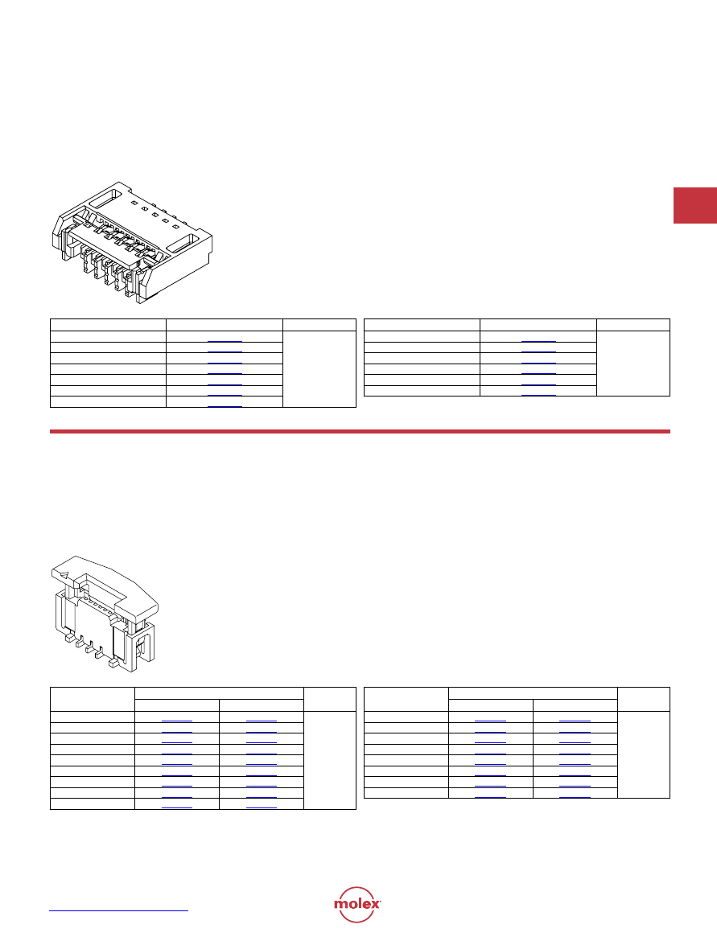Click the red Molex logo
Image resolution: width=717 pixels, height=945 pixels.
[x=357, y=904]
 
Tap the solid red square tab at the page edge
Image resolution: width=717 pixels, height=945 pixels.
[x=694, y=206]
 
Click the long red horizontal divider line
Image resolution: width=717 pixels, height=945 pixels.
[x=360, y=432]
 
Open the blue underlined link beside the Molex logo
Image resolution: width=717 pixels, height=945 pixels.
[x=119, y=910]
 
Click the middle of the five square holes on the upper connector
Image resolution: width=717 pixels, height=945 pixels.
[x=155, y=215]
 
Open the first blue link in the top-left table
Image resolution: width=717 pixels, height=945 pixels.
[x=225, y=342]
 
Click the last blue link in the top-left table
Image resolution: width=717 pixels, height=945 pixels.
[x=225, y=407]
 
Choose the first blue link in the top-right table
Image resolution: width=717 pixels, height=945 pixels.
[x=538, y=342]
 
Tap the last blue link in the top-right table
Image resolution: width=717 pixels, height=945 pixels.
[x=538, y=396]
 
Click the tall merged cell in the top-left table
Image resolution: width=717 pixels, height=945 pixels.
[x=319, y=369]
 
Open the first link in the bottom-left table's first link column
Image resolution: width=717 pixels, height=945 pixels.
[x=177, y=721]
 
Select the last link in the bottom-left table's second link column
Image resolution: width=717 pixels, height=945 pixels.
[x=261, y=807]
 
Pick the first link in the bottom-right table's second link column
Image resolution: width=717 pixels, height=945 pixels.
[x=575, y=721]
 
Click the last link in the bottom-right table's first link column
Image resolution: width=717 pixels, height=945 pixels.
[x=490, y=797]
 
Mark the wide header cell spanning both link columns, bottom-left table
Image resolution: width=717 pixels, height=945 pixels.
[x=219, y=693]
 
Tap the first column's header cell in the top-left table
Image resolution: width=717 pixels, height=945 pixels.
[x=108, y=325]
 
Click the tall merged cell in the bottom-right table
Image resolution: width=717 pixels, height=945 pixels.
[x=644, y=754]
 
